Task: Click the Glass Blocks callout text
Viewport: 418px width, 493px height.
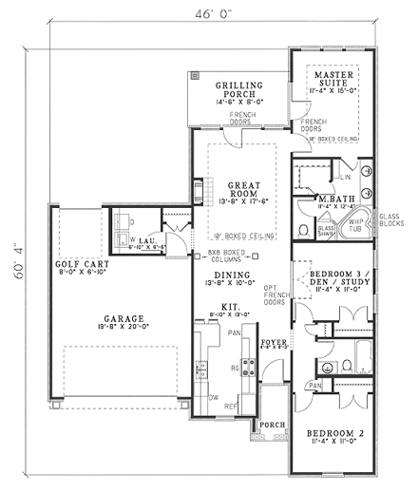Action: point(392,219)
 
